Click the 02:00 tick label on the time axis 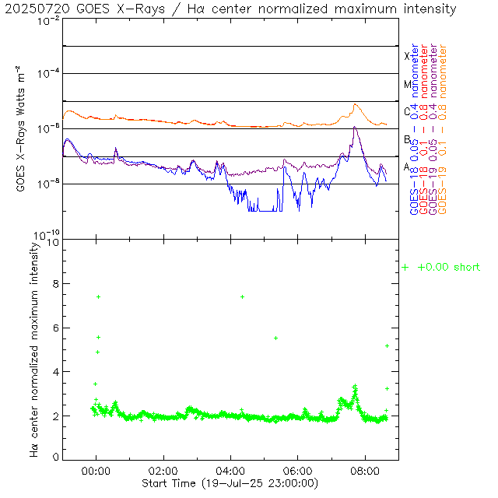pos(163,472)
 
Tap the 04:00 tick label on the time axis pos(231,472)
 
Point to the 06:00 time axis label pos(298,472)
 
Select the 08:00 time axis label pos(366,472)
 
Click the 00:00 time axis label pos(96,472)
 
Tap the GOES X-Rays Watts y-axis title pos(22,129)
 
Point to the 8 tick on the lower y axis pos(54,285)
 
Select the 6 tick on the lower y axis pos(54,328)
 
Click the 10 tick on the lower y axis pos(52,241)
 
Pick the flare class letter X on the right pos(406,56)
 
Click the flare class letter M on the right pos(406,84)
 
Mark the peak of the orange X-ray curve pos(356,104)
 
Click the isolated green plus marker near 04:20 pos(242,296)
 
